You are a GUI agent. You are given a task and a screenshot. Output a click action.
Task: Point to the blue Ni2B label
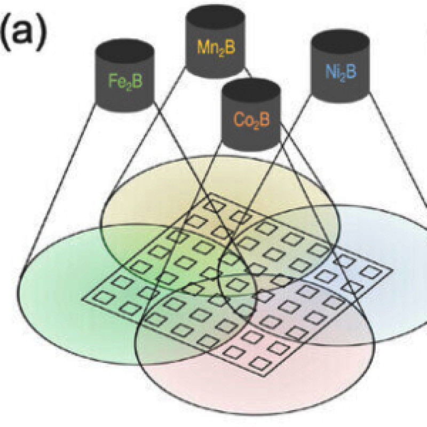pos(339,72)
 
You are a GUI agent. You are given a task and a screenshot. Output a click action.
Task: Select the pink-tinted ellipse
pos(256,395)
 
